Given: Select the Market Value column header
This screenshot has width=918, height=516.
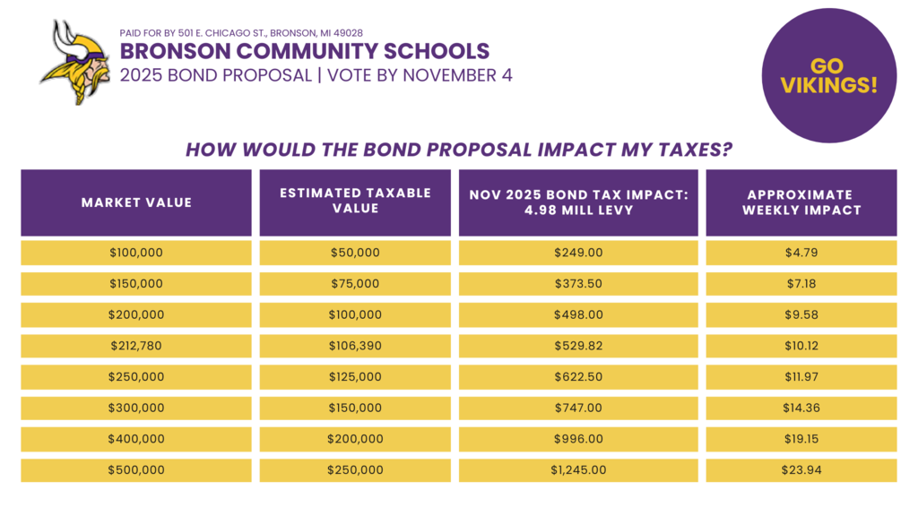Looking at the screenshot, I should tap(136, 202).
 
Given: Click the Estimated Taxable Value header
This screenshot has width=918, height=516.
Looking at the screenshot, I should tap(355, 201).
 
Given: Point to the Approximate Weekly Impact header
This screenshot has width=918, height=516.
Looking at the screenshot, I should tap(801, 202).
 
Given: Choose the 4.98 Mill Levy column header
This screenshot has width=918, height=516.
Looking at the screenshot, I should tap(578, 202).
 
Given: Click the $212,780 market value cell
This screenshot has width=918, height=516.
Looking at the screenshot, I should tap(136, 346).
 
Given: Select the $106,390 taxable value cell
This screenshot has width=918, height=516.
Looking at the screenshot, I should tap(355, 346).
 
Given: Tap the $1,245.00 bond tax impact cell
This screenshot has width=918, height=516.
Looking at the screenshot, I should tap(578, 470).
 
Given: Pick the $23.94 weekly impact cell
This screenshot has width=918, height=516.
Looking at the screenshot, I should tap(801, 470).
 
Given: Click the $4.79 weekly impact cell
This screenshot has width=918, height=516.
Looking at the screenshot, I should tap(801, 253).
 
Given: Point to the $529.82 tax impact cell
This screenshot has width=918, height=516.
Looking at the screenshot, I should tap(578, 346).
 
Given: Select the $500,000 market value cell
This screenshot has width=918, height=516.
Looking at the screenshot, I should tap(136, 470).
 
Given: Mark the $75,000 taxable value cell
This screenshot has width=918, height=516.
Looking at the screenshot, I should tap(355, 284).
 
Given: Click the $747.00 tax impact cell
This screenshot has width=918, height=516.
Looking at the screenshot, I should tap(578, 408).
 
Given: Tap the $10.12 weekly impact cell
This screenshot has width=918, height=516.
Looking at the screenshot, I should tap(801, 346).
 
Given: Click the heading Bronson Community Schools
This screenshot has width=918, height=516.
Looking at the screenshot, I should tap(305, 51).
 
